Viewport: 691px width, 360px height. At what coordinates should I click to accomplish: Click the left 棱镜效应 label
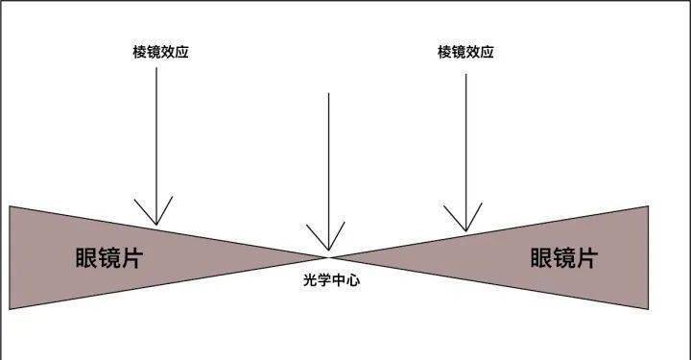click(x=160, y=52)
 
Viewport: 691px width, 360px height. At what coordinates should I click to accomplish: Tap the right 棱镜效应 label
click(x=465, y=52)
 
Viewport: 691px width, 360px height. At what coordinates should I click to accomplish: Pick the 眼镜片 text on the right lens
click(x=564, y=257)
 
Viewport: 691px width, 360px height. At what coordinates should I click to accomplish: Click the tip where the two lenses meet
click(x=328, y=256)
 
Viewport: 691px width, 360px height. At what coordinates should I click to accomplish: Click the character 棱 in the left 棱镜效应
click(x=139, y=52)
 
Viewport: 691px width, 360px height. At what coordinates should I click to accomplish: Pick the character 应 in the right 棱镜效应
click(x=487, y=52)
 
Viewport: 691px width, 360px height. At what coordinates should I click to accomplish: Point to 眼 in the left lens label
click(x=86, y=257)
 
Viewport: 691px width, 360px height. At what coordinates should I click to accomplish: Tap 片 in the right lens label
click(x=586, y=257)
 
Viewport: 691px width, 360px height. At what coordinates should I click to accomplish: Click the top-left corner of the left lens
click(x=10, y=206)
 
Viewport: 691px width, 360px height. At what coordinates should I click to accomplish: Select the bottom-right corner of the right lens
click(x=648, y=308)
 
